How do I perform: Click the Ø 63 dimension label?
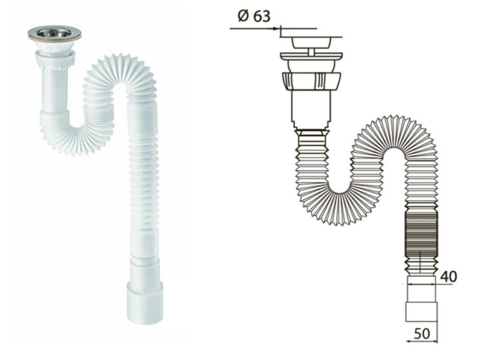(x=254, y=16)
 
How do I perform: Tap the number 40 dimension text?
(x=449, y=277)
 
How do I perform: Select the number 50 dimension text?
(x=422, y=333)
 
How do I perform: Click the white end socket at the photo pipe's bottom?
(x=145, y=302)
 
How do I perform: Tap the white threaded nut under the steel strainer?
(x=55, y=57)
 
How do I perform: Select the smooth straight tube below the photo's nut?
(x=55, y=91)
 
